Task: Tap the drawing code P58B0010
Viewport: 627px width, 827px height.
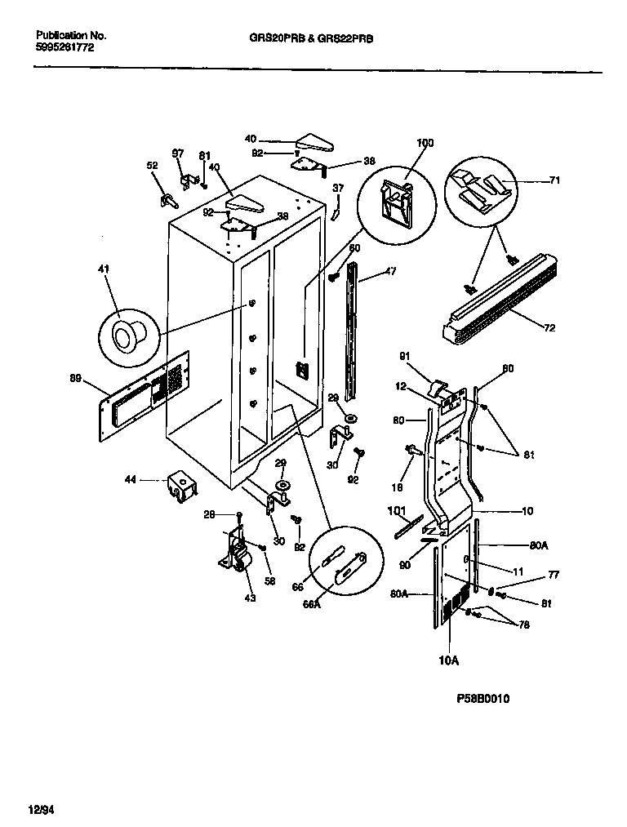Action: tap(488, 699)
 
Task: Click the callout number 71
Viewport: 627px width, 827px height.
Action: tap(554, 181)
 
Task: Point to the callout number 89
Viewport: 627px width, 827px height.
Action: tap(76, 378)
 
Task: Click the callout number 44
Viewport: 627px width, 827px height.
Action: tap(131, 482)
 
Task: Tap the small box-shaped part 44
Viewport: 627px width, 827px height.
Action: tap(180, 487)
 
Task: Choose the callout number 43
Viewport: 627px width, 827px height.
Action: tap(249, 598)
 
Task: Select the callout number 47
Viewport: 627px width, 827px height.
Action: tap(390, 271)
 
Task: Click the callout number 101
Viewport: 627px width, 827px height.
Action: tap(397, 513)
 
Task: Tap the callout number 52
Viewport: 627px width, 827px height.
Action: tap(151, 166)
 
